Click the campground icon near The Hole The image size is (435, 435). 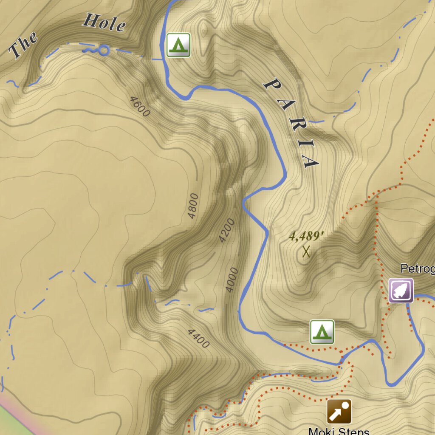(x=178, y=45)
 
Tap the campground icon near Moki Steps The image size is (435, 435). (x=322, y=332)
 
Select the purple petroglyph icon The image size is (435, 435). (x=401, y=291)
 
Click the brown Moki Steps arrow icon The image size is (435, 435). (x=339, y=411)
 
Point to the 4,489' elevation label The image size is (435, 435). (x=304, y=236)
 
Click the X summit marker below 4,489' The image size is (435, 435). (x=306, y=252)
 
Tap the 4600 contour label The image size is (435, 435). (x=140, y=107)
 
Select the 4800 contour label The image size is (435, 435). (x=193, y=206)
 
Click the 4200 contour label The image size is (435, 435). (x=226, y=230)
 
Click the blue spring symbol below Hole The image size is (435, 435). (x=97, y=51)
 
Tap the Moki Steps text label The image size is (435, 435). (x=339, y=431)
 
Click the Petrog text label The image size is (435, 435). (x=417, y=268)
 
